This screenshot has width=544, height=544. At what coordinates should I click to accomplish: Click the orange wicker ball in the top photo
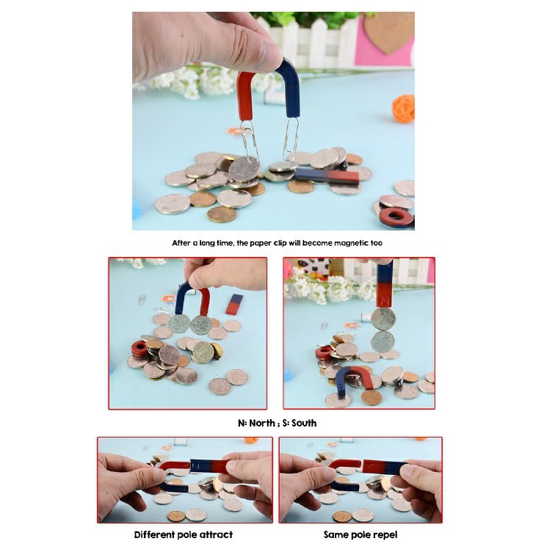coord(403,109)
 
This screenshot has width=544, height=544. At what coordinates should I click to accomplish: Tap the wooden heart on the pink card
coord(389,32)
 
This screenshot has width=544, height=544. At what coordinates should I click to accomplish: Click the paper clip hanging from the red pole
coord(250,142)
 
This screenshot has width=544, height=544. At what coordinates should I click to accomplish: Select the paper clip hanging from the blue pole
coord(291,139)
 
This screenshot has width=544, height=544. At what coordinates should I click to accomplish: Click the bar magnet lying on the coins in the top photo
coord(327,175)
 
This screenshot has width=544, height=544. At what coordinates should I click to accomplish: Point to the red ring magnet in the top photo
coord(396,217)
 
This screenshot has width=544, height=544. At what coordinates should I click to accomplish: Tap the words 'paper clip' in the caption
coord(268,243)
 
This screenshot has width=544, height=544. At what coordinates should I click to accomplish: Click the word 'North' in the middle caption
coord(262,423)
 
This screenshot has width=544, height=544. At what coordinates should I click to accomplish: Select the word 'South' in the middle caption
coord(304,423)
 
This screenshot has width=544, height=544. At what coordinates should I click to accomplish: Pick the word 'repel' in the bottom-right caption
coord(385,534)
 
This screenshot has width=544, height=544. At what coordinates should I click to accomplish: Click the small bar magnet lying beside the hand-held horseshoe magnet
coord(234,304)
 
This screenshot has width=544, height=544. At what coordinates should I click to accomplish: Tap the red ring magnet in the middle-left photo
coord(139,349)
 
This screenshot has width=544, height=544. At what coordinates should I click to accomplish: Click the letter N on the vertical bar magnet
coord(385,300)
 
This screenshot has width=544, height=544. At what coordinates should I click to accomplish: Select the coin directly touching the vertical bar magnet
coord(383,319)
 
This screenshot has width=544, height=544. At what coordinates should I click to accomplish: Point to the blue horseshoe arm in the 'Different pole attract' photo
coord(175,487)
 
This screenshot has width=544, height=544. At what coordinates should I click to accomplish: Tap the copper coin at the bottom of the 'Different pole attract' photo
coord(176,516)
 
